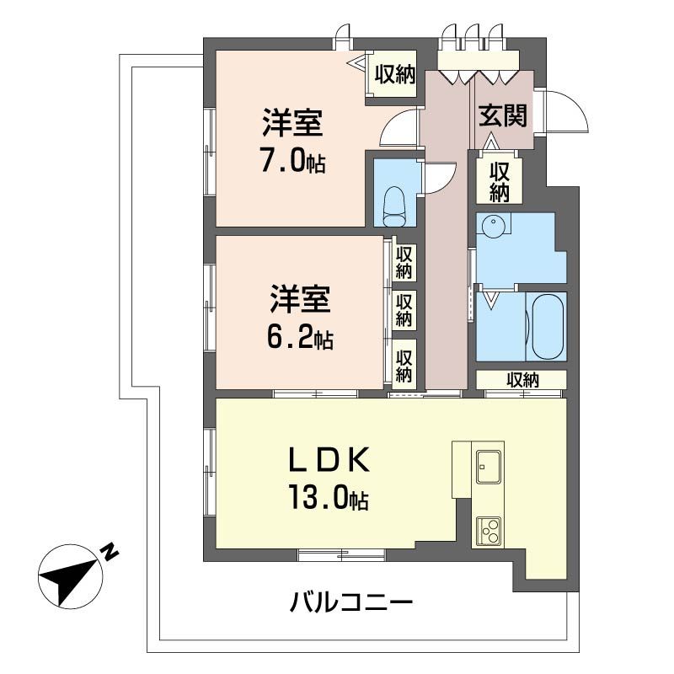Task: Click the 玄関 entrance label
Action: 503,115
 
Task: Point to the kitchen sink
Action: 489,464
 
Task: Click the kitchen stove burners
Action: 489,530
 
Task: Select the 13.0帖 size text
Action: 329,500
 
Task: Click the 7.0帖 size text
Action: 292,163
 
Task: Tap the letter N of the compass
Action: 109,553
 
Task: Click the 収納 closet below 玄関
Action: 500,180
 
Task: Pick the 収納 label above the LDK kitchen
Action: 522,380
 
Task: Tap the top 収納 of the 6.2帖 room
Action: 404,262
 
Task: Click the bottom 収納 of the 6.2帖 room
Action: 404,364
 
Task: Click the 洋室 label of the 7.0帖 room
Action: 292,124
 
